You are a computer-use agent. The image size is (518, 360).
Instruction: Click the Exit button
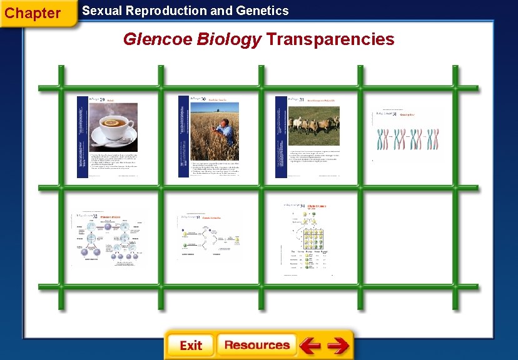(190, 346)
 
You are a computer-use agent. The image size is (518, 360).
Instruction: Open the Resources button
(256, 345)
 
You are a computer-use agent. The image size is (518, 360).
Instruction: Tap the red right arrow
(338, 346)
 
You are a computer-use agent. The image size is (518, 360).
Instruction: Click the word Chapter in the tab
(33, 13)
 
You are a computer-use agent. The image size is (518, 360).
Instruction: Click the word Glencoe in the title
(158, 39)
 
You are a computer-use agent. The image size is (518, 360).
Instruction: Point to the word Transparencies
(330, 39)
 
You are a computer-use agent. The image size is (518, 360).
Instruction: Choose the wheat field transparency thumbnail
(210, 136)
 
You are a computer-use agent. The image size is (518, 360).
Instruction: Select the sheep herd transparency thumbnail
(309, 136)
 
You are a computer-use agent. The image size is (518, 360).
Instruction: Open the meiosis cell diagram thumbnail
(109, 238)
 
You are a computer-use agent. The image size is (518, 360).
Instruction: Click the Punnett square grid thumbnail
(309, 238)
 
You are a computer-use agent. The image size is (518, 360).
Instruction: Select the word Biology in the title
(228, 39)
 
